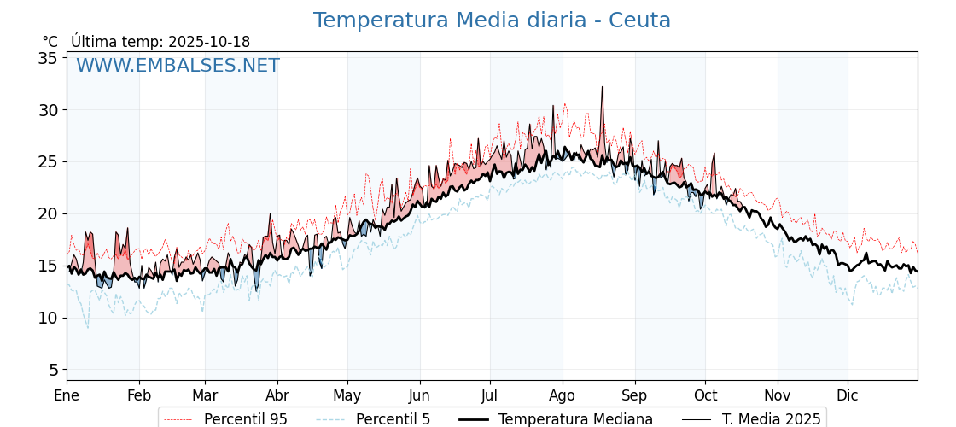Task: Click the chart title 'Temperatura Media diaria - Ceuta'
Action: click(492, 20)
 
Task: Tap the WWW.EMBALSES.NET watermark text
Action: click(178, 66)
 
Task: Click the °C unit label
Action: click(50, 42)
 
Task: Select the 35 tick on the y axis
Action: click(48, 58)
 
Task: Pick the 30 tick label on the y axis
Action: click(48, 110)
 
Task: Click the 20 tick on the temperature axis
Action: click(48, 213)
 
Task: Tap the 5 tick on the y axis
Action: click(52, 370)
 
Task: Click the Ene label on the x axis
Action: click(67, 395)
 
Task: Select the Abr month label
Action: click(277, 395)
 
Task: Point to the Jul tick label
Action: click(490, 395)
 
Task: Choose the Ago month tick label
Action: click(563, 395)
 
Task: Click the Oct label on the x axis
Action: click(705, 395)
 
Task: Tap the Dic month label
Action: click(848, 395)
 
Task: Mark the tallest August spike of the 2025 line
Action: click(602, 87)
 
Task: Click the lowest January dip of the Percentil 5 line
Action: click(87, 328)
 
